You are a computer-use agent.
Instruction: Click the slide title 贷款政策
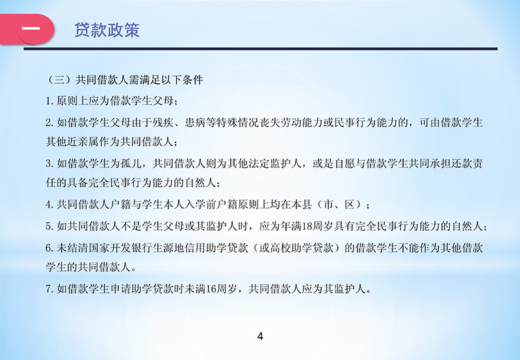(107, 30)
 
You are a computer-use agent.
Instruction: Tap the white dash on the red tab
(31, 29)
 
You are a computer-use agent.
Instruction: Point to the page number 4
(260, 337)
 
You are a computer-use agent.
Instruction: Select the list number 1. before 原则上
(50, 101)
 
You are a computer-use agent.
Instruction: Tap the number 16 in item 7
(211, 289)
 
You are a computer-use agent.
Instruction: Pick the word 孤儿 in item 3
(131, 163)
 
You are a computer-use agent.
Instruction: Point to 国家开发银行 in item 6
(110, 248)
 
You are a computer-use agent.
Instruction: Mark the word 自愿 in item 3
(344, 163)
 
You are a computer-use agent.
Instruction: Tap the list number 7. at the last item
(50, 289)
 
